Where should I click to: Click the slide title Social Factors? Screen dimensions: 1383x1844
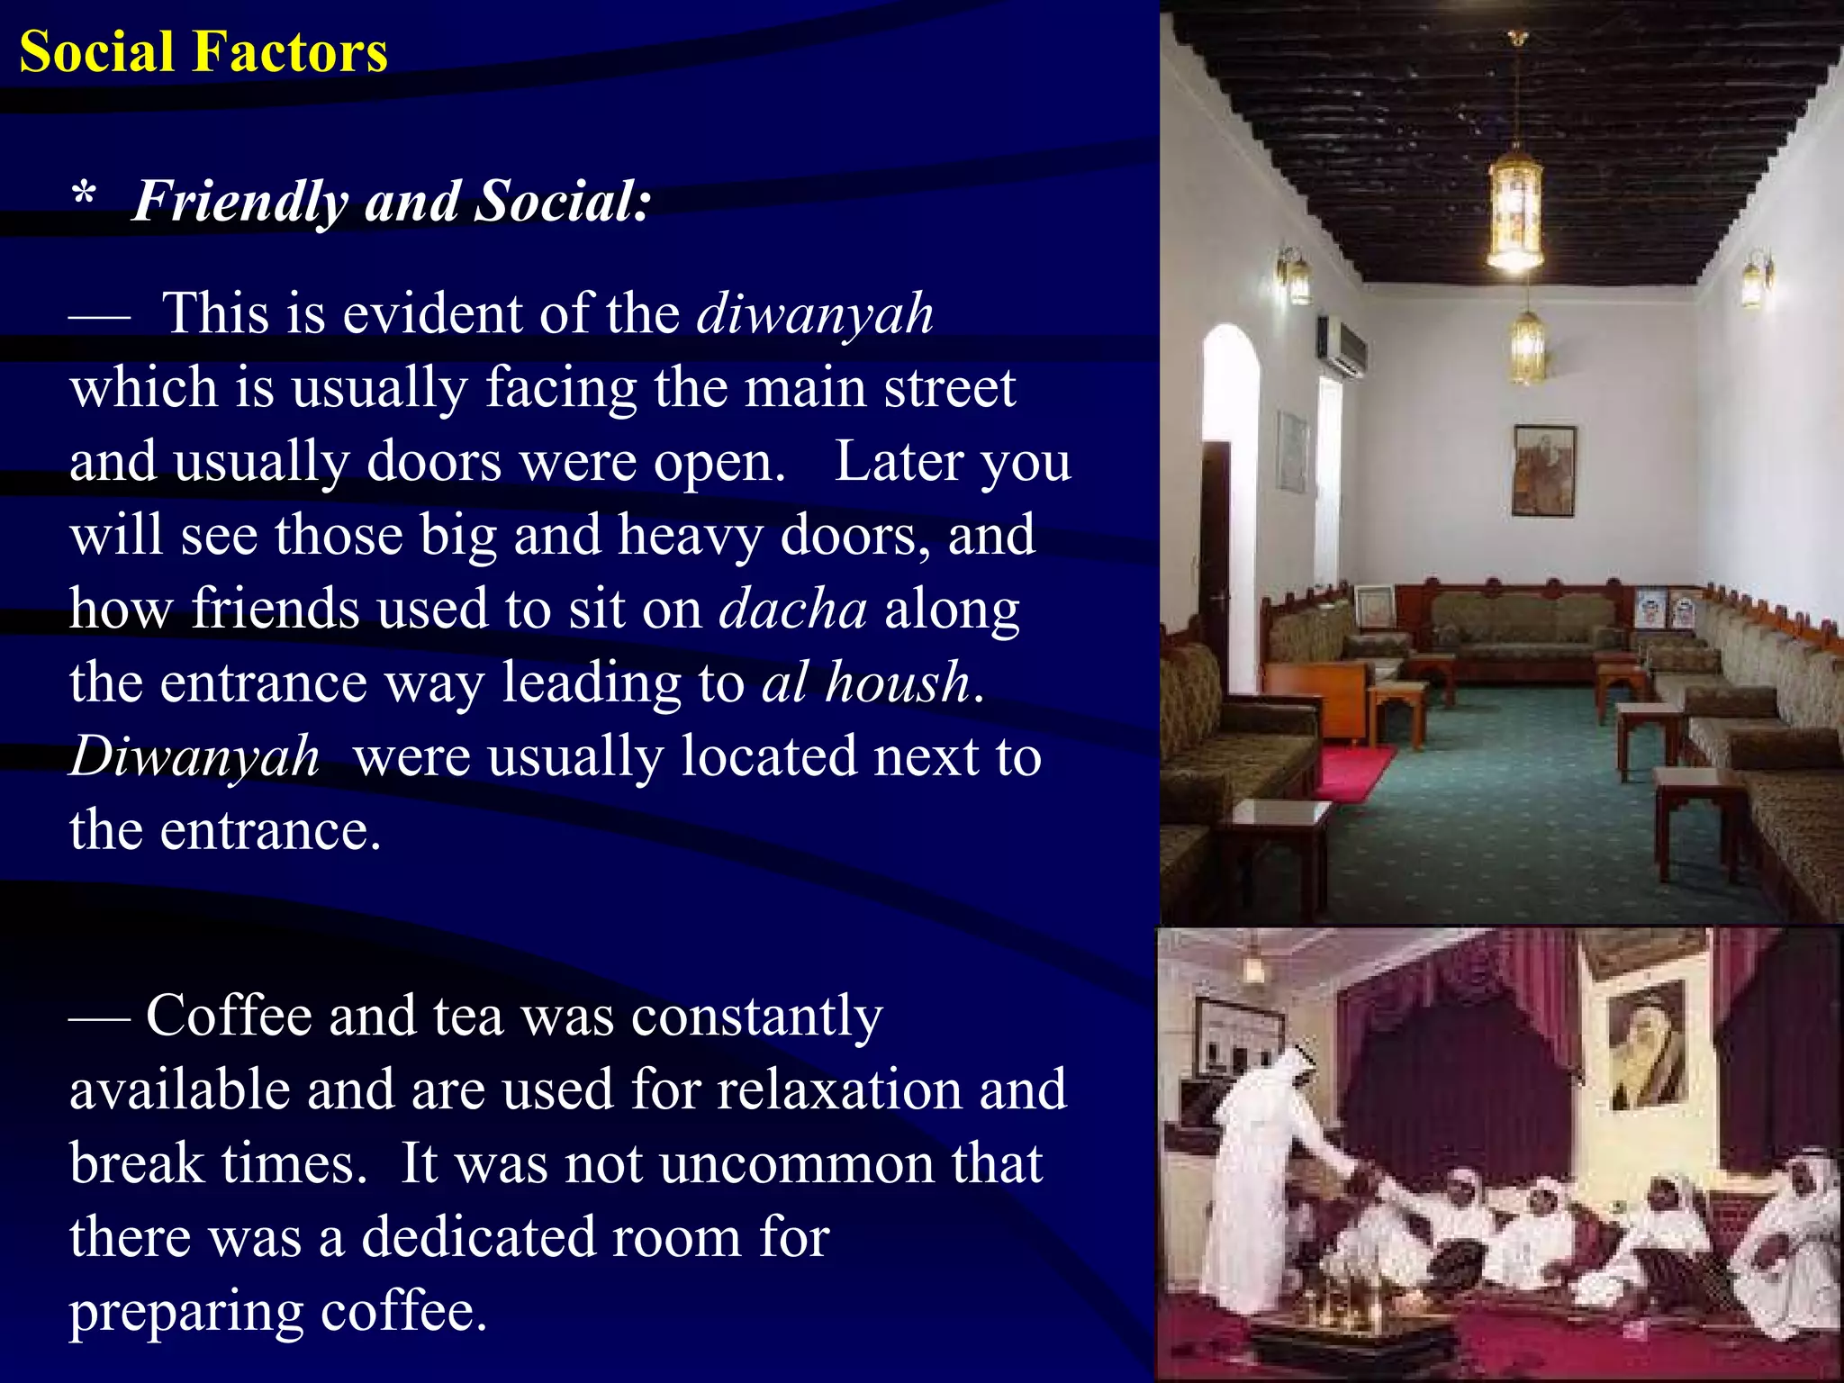coord(203,52)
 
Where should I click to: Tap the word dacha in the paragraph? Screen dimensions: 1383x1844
coord(793,610)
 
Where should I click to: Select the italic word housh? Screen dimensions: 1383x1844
coord(897,682)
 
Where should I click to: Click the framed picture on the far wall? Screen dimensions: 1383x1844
coord(1543,471)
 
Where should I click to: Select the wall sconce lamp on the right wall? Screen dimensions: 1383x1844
coord(1755,279)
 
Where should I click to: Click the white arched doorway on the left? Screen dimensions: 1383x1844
coord(1231,504)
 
